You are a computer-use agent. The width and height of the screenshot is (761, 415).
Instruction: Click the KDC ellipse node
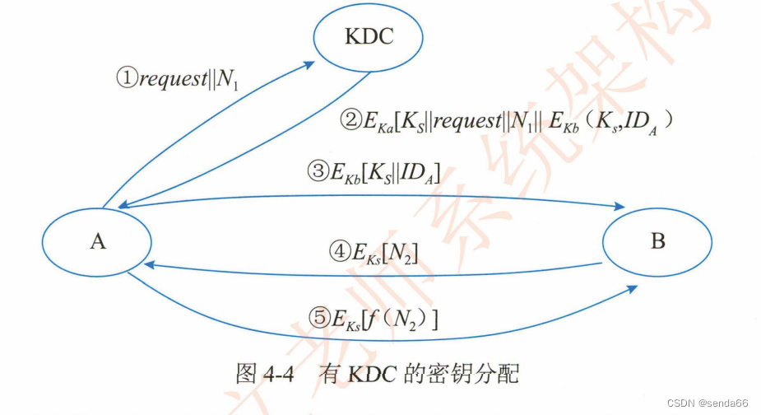tap(367, 38)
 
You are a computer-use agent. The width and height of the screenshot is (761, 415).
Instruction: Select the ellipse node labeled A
tap(98, 242)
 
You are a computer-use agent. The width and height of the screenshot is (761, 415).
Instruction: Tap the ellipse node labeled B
tap(657, 241)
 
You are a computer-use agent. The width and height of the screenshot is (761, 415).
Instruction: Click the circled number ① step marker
tap(125, 79)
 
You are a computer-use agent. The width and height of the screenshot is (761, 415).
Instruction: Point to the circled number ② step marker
tap(351, 121)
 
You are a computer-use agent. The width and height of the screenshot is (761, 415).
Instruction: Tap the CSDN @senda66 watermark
tap(707, 403)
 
